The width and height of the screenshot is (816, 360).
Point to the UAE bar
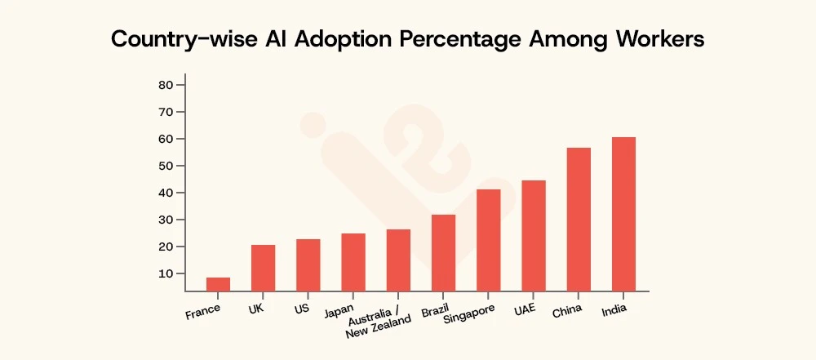[x=534, y=235]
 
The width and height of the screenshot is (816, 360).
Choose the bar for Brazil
[x=443, y=252]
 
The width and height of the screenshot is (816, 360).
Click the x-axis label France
[x=203, y=312]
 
